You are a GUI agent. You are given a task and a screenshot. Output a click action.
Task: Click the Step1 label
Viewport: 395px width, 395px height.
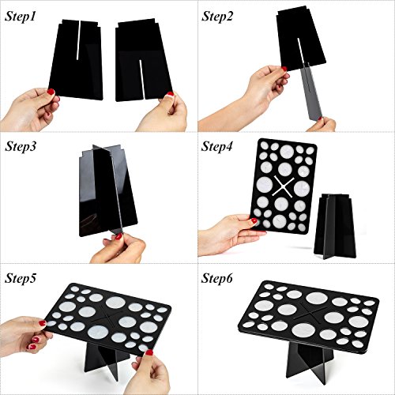[x=20, y=17]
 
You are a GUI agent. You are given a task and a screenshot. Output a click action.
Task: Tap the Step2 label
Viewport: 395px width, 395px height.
[x=217, y=17]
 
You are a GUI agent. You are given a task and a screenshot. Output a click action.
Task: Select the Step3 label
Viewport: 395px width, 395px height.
[x=21, y=146]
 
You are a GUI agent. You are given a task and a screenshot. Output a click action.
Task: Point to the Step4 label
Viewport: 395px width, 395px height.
[x=217, y=146]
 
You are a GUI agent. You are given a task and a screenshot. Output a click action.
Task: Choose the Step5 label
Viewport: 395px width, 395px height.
[x=21, y=278]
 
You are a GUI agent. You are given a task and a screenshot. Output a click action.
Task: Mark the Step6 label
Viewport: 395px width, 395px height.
[x=217, y=278]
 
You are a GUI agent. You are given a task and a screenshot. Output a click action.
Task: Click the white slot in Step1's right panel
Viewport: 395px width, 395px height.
[x=141, y=78]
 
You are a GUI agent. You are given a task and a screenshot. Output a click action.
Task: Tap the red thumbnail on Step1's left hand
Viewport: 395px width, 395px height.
[x=51, y=92]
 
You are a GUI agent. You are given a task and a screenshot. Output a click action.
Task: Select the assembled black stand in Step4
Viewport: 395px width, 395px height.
[x=335, y=226]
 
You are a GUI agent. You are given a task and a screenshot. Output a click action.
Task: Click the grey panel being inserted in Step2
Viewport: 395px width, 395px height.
[x=311, y=92]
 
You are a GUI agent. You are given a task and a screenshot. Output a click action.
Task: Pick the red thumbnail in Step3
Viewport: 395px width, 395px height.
[x=119, y=236]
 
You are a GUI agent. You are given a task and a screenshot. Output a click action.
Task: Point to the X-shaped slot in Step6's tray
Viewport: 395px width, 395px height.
[x=310, y=312]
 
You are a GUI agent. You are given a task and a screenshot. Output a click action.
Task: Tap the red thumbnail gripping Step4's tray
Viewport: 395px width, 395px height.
[x=254, y=220]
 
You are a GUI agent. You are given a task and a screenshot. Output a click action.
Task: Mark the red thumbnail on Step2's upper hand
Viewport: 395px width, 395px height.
[x=284, y=69]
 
